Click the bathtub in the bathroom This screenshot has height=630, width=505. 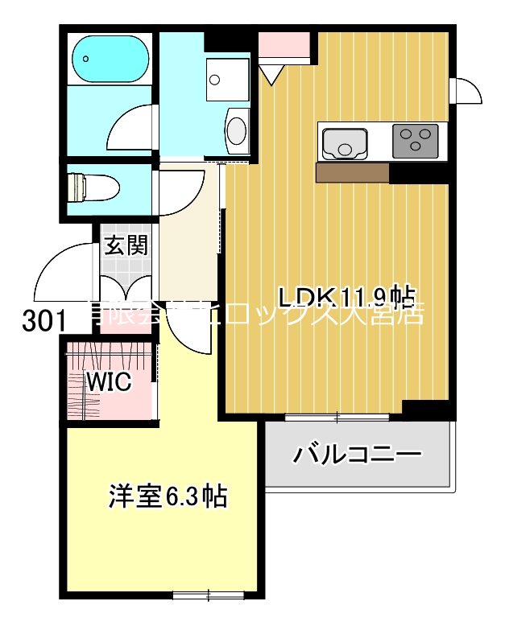pos(111,57)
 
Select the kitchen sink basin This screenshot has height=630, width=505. pos(346,143)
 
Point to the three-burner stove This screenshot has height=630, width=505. pos(415,141)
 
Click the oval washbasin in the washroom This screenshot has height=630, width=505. pos(238,130)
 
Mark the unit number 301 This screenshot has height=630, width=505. pos(44,321)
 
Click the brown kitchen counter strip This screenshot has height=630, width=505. pos(353,172)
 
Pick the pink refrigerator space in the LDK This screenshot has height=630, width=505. pos(284,47)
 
